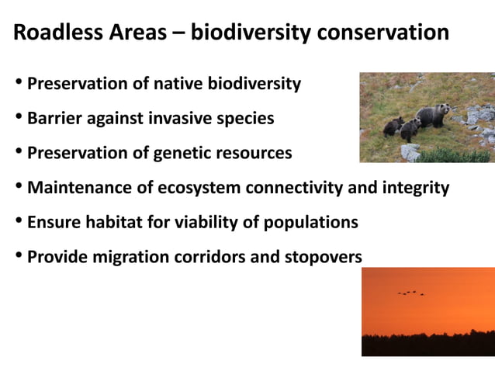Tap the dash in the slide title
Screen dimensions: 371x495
178,33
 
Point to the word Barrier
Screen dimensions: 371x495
54,119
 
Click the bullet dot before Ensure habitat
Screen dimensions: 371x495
19,222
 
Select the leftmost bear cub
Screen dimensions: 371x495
393,127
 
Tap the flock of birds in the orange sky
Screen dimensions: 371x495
411,293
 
